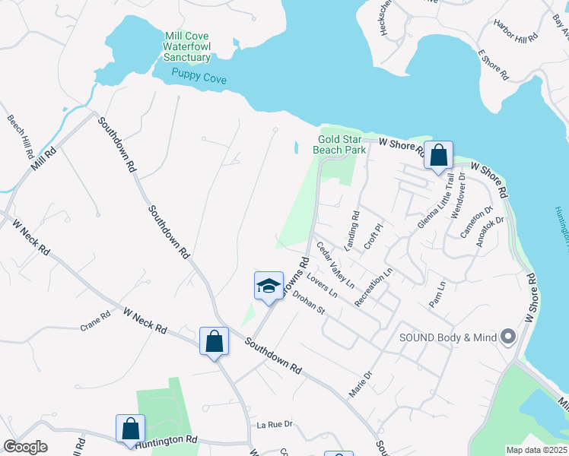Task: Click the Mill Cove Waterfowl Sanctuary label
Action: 187,46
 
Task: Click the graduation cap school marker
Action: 269,287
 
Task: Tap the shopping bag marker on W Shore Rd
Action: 438,157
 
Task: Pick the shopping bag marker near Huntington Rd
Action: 130,429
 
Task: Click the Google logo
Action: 25,447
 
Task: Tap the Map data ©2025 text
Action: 536,450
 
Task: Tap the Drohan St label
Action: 310,304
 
